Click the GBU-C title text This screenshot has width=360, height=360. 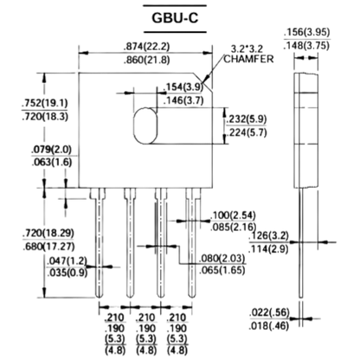point(175,18)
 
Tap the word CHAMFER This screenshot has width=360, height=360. point(248,59)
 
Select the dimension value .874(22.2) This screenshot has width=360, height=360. point(146,47)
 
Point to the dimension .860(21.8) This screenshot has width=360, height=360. point(146,60)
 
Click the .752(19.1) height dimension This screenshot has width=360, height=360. point(45,103)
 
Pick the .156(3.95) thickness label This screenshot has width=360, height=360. point(306,32)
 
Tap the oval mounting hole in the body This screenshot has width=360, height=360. point(145,125)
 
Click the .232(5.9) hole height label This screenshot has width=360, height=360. point(246,119)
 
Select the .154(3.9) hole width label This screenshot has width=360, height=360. point(183,87)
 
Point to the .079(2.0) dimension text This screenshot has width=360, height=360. point(51,150)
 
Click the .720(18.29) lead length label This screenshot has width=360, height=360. point(48,233)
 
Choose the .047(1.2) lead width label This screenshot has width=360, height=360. point(67,260)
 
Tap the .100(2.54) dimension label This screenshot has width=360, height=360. point(233,215)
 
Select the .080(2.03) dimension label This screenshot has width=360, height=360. point(222,258)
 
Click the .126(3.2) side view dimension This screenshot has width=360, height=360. point(269,235)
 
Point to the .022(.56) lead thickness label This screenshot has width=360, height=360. point(269,312)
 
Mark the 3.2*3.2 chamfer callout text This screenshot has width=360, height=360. point(247,48)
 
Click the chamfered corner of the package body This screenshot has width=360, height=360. point(203,82)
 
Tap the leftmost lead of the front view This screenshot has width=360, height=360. point(99,243)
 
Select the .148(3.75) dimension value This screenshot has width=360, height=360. point(306,46)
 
